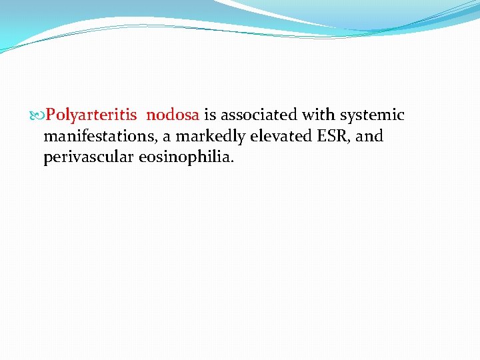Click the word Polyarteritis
[91, 115]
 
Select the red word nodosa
[173, 115]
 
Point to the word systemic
[372, 115]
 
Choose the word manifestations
[97, 137]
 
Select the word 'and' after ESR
[371, 137]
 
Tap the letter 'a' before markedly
[167, 138]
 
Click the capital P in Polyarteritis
[51, 115]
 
